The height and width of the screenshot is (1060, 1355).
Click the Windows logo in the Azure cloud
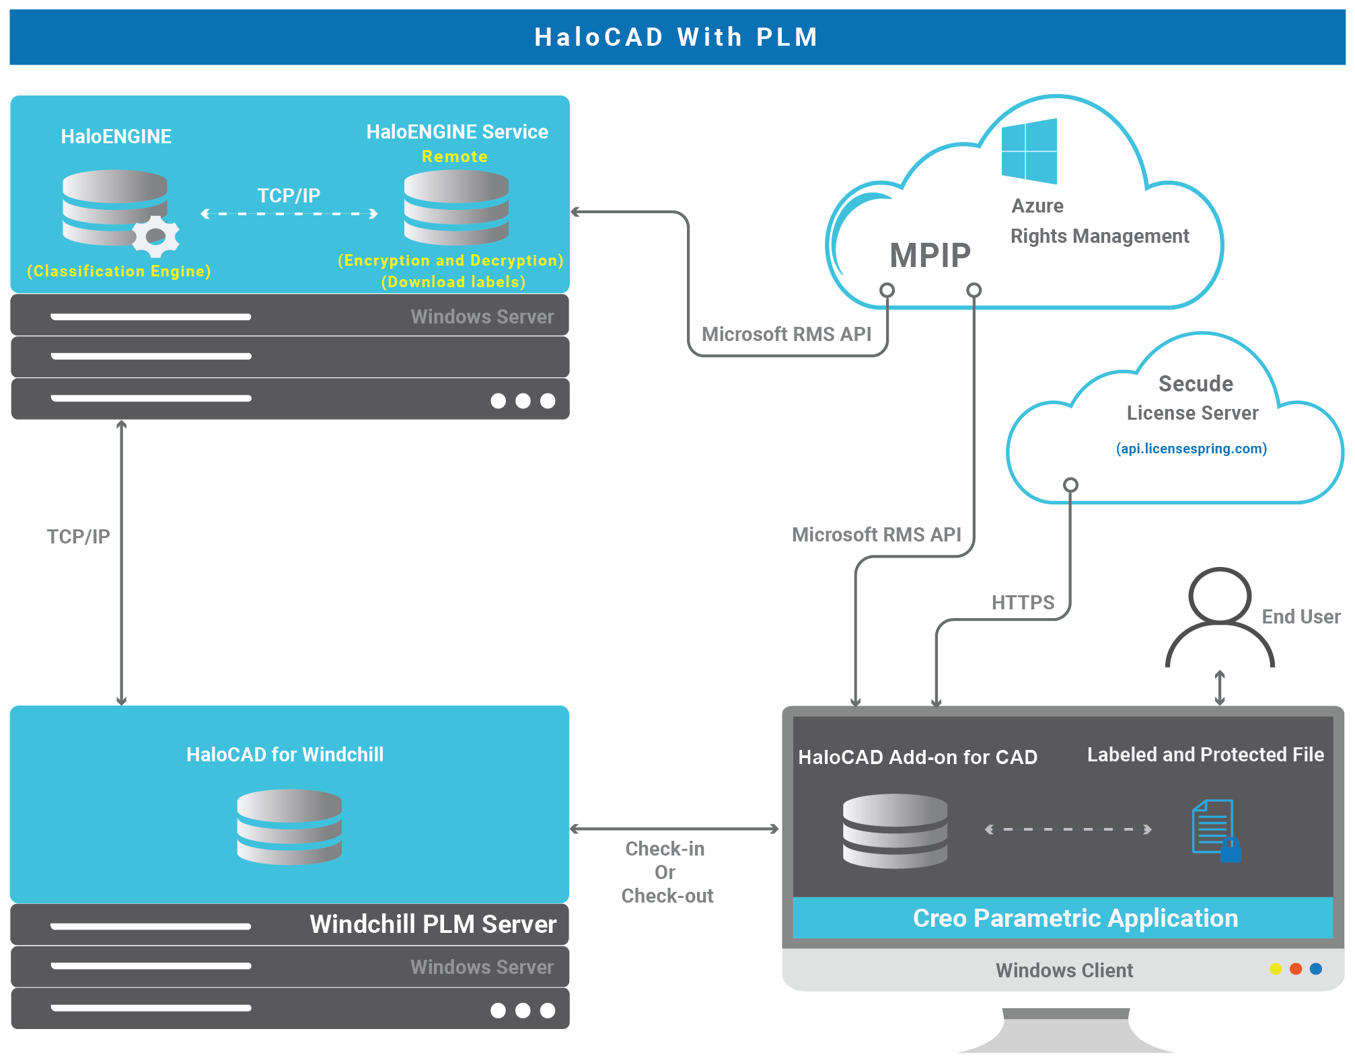1029,151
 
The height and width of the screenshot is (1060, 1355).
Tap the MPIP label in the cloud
930,256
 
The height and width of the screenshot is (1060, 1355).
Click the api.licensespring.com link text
1191,449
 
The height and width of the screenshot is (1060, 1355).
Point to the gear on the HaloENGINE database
156,236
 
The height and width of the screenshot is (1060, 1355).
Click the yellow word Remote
454,157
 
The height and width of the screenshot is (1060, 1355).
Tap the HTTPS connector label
1022,603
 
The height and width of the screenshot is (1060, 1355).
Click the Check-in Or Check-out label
666,872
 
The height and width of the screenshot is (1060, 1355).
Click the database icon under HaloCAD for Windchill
289,827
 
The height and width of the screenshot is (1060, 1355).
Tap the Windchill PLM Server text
433,924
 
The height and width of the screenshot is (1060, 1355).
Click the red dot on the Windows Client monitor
1296,969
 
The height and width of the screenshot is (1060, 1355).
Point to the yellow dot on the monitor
1276,969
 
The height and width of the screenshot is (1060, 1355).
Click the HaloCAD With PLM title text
676,37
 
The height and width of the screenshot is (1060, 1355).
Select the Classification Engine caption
119,271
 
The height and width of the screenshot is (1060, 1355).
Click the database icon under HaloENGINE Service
456,207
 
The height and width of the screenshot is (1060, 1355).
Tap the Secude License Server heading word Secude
1196,383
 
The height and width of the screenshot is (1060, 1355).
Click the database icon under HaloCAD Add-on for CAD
895,831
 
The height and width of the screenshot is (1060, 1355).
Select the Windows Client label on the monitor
1064,970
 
